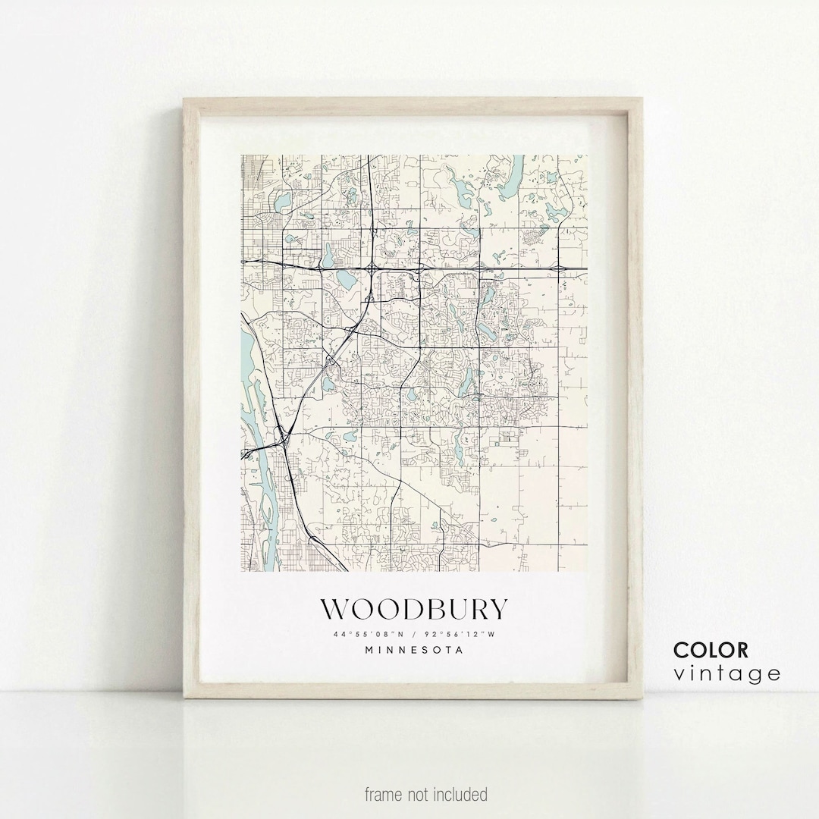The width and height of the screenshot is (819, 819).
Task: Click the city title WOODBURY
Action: pos(413,610)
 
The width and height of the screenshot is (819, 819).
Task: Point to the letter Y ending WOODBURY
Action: pos(497,610)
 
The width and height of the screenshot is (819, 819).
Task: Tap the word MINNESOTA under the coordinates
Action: pos(414,650)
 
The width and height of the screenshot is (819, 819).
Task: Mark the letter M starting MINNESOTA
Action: pos(369,650)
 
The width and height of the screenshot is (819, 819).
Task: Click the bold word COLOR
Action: pos(711,650)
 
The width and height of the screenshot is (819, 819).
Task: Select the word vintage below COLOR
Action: pos(726,673)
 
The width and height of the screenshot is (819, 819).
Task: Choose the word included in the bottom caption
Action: pos(461,795)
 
